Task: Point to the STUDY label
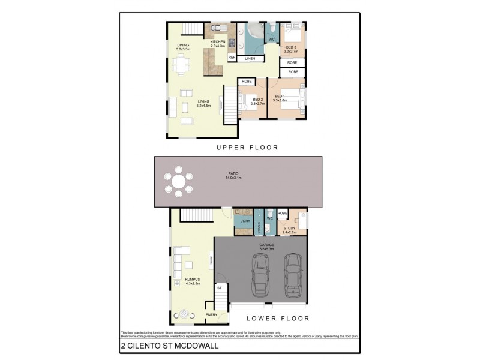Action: click(x=289, y=228)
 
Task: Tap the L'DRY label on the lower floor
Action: click(x=244, y=222)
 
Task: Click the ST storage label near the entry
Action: click(x=220, y=289)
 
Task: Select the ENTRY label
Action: click(x=211, y=315)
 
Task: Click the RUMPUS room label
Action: click(x=193, y=280)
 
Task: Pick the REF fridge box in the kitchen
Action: click(x=232, y=58)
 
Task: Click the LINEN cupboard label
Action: click(x=250, y=58)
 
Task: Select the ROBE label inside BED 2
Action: click(x=245, y=81)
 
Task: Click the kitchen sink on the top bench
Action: click(x=216, y=28)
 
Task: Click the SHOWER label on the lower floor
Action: click(x=259, y=226)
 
